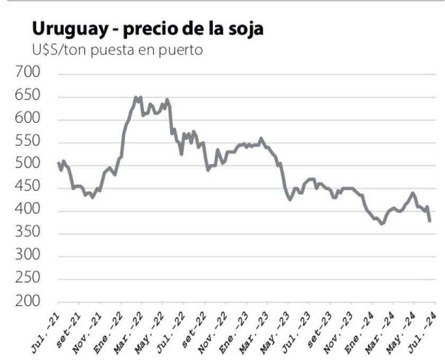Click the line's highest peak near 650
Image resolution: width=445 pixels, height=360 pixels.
point(136,97)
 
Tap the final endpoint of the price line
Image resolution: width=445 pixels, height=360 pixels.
point(429,221)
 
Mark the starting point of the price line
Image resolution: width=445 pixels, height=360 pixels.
point(58,163)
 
